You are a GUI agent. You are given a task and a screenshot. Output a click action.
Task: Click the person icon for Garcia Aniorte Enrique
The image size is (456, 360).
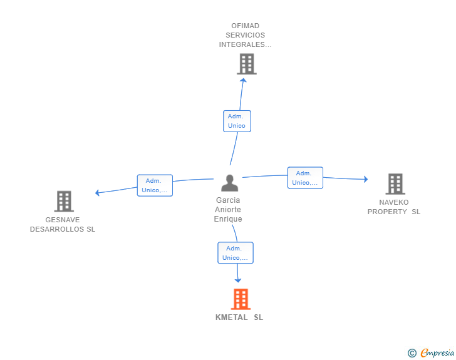pos(230,183)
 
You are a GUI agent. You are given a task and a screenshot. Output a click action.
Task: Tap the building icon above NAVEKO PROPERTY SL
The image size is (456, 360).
pos(395,183)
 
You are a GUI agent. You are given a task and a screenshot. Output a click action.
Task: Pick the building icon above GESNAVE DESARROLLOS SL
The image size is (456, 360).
pos(64,201)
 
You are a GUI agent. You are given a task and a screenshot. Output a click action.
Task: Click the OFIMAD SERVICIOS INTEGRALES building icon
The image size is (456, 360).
pos(246,63)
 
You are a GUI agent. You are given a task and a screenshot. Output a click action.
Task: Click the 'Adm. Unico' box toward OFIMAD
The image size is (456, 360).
pos(237,121)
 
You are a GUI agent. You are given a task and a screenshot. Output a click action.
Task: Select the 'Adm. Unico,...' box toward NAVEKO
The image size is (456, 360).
pos(305,178)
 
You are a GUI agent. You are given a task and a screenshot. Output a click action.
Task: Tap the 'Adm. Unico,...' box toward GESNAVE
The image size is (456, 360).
pos(155,185)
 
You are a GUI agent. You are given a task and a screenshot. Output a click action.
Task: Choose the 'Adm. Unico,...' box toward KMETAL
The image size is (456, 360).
pos(236,253)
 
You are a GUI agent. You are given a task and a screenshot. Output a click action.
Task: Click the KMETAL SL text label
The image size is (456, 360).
pos(239,317)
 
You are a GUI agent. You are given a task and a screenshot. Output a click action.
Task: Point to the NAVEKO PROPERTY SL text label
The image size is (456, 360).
pos(394,207)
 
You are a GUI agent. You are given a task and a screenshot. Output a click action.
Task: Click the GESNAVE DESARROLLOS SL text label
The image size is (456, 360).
pos(63,225)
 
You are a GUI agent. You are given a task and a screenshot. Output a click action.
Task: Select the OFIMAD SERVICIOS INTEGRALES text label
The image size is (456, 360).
pos(246,35)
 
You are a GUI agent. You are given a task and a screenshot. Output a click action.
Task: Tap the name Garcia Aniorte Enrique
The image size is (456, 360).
pos(228,210)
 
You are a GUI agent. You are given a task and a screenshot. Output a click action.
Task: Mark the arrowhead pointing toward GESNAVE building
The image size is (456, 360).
pos(97,192)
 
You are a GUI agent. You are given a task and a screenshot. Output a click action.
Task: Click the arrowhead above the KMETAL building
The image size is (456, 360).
pos(238,280)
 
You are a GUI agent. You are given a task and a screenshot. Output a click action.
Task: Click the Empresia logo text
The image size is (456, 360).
pos(437,352)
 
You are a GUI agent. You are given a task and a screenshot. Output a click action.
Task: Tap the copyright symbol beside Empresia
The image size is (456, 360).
pos(412,353)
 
